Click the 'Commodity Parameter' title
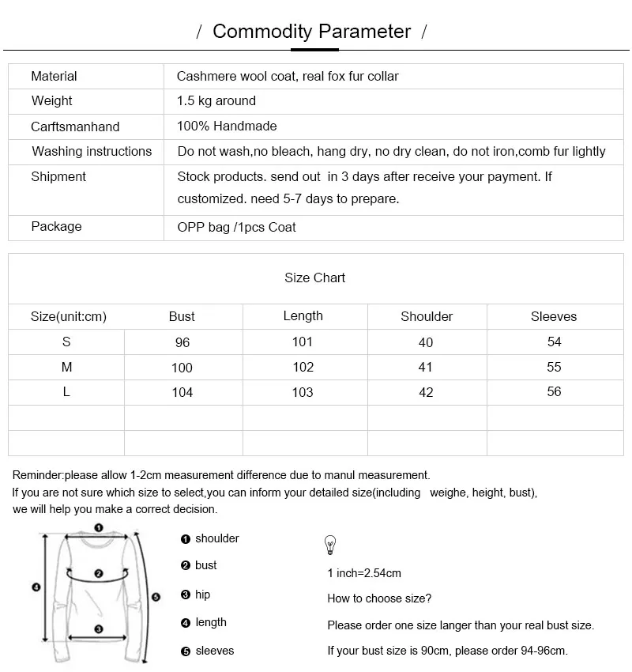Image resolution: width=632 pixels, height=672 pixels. tap(312, 32)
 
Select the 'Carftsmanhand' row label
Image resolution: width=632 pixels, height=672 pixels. tap(75, 126)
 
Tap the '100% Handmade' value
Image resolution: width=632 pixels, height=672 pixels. tap(227, 126)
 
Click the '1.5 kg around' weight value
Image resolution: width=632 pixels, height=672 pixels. tap(216, 101)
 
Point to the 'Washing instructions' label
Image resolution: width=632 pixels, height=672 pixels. tap(92, 152)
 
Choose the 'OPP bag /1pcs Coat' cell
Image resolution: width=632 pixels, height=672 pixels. tap(236, 228)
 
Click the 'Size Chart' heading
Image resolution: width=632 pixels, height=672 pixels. tap(315, 278)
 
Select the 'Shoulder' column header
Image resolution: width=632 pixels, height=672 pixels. tap(427, 317)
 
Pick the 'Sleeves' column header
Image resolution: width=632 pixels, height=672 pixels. tap(554, 317)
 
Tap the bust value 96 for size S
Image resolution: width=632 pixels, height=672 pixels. tap(182, 343)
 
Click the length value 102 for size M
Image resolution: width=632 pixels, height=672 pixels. tap(303, 368)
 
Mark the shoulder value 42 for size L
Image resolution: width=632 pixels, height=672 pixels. tap(427, 393)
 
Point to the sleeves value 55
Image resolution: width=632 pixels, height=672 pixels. tap(554, 368)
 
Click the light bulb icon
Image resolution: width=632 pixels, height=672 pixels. tap(330, 545)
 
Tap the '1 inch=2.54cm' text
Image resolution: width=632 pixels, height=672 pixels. tap(364, 573)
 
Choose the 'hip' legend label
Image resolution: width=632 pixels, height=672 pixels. tap(203, 595)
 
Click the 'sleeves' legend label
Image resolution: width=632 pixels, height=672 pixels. tap(215, 651)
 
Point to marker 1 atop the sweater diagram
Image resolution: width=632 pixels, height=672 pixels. tap(98, 527)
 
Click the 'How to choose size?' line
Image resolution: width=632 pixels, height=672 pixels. tap(379, 598)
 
